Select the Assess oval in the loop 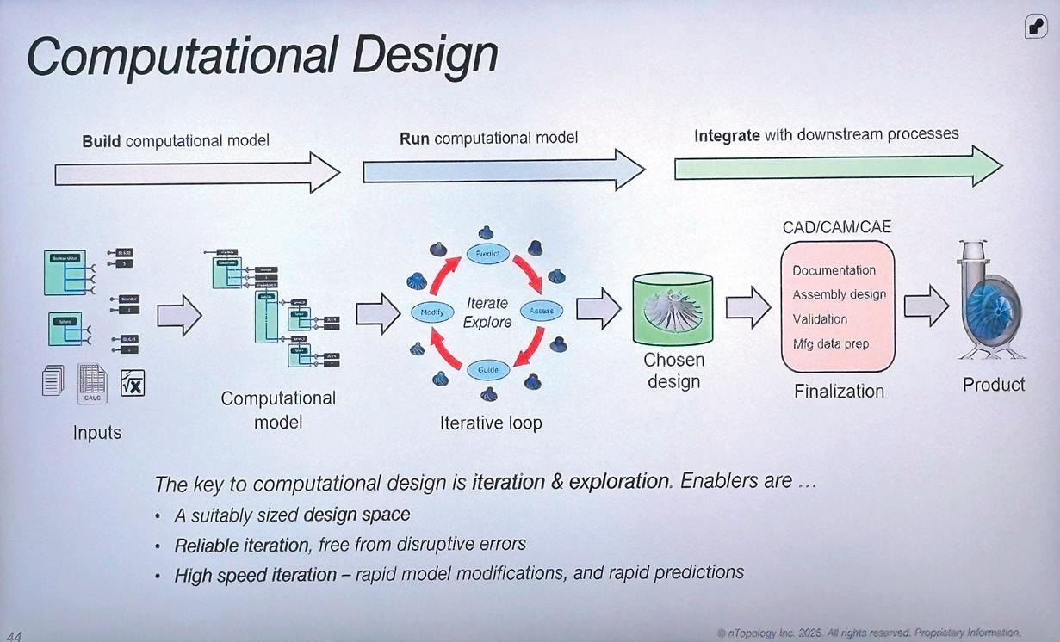coord(542,310)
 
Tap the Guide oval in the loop coord(487,369)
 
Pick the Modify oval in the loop coord(432,312)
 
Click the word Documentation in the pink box coord(834,270)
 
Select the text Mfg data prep coord(830,344)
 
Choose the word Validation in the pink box coord(820,319)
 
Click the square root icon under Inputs coord(133,382)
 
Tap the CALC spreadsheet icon coord(92,384)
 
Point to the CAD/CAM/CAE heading coord(837,227)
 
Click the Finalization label coord(839,392)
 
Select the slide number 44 coord(14,635)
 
